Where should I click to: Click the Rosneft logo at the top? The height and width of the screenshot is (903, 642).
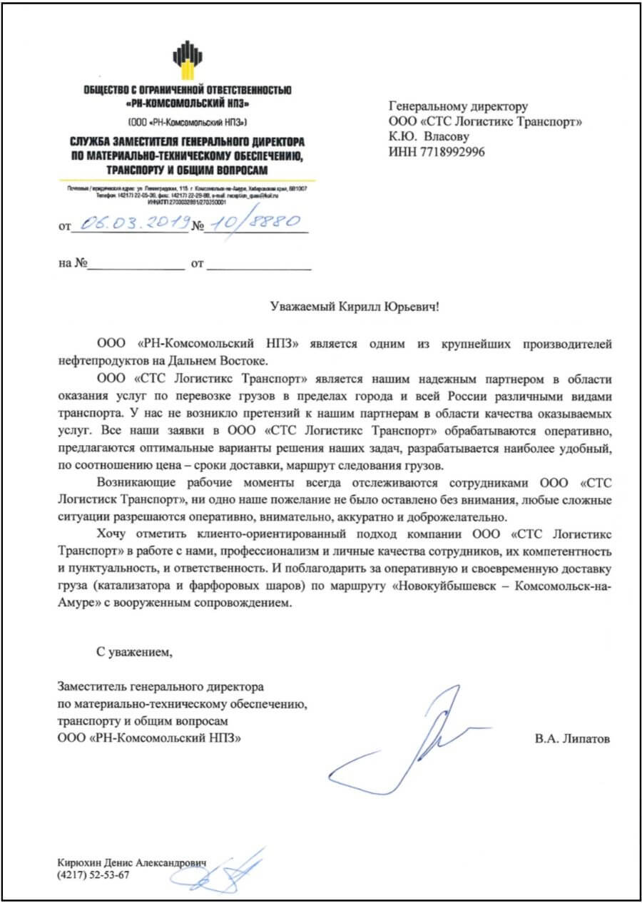(187, 61)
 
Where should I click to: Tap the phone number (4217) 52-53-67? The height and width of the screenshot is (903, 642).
(93, 876)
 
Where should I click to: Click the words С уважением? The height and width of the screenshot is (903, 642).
(135, 651)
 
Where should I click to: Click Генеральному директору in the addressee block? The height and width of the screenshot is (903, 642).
(457, 106)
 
